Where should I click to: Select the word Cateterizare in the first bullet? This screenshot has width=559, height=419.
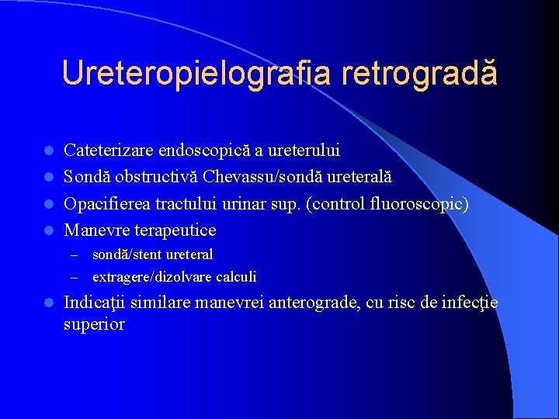pos(108,149)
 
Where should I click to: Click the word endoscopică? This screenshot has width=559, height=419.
pos(201,149)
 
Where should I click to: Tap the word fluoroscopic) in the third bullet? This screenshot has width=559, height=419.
pos(422,203)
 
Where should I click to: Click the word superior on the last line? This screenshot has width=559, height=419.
pos(94,324)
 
